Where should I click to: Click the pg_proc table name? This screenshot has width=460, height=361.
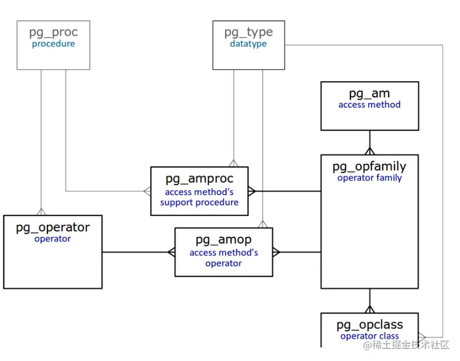(53, 32)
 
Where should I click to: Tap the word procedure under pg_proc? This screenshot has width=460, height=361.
(53, 44)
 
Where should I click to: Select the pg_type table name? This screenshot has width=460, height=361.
(249, 32)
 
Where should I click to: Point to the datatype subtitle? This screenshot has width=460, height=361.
(249, 44)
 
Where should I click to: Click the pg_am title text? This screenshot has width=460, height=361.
(370, 94)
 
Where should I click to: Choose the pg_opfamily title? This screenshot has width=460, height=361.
(370, 167)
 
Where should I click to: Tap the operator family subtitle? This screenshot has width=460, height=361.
(370, 178)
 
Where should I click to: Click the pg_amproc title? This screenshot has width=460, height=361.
(199, 179)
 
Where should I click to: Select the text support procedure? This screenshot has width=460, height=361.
(199, 202)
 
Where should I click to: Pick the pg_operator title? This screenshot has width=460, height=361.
(53, 228)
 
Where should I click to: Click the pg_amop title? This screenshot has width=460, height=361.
(223, 240)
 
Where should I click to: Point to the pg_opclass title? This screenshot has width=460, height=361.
(370, 325)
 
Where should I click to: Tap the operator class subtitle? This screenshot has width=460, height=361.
(370, 336)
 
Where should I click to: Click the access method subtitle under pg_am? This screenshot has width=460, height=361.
(370, 105)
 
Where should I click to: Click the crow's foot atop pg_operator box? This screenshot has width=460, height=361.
(41, 212)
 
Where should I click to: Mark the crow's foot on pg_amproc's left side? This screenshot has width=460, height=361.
(147, 191)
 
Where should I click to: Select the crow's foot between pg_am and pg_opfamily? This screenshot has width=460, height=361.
(370, 151)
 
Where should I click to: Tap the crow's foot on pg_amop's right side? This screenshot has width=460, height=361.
(276, 252)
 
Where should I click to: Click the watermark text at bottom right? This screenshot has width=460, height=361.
(406, 345)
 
